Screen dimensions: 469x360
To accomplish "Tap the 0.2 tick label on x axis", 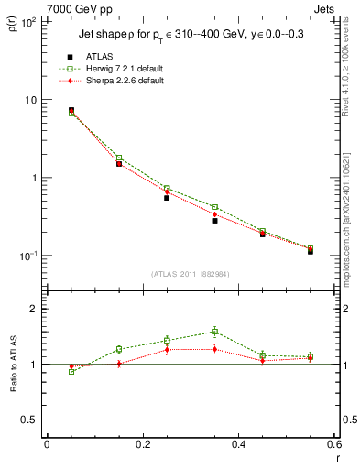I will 142,444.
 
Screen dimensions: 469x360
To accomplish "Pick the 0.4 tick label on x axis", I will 238,444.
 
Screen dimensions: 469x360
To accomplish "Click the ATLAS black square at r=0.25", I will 167,197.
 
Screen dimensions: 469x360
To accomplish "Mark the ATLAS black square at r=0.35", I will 214,220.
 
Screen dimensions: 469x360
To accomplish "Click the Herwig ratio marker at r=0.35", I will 214,332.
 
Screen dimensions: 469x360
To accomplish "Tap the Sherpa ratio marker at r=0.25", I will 167,349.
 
